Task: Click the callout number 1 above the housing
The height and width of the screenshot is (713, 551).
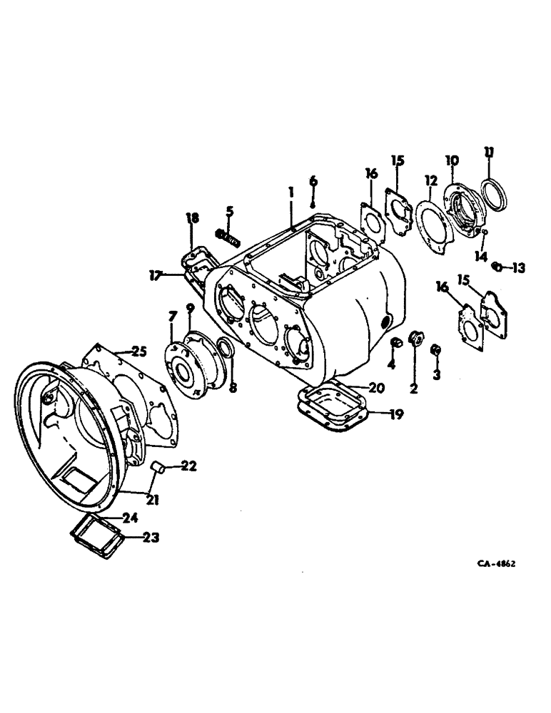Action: coord(291,192)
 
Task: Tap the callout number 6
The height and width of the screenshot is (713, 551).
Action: coord(313,181)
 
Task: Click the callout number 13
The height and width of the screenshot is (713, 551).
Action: coord(518,268)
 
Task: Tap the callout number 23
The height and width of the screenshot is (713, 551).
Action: coord(150,537)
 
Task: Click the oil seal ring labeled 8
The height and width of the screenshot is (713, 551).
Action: coord(223,349)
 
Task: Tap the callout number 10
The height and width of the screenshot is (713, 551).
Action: coord(452,160)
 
